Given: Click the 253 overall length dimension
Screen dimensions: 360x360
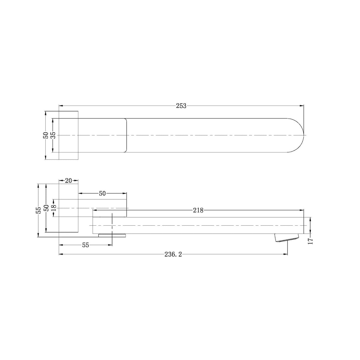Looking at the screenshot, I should pos(181,106).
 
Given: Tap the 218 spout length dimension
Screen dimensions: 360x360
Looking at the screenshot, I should pos(198,211).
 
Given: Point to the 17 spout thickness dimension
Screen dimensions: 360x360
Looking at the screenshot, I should pos(310,240).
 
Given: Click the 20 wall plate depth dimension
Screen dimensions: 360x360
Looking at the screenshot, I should pos(69,181).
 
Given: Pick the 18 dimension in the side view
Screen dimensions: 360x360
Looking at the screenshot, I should pos(53,208).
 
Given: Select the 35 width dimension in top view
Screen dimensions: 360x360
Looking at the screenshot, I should pos(53,135).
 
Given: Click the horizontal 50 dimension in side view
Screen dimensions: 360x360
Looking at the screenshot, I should pos(102,193).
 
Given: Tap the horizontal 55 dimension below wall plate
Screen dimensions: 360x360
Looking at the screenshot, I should pos(85,245).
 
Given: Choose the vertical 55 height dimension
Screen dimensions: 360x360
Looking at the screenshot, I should pos(38,210).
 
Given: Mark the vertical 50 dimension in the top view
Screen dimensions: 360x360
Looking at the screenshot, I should pos(46,135).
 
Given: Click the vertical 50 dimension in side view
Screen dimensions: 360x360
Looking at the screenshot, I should pos(46,208).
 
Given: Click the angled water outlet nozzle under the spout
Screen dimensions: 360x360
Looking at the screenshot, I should pos(286,238).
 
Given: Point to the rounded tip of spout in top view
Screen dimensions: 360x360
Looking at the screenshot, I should pos(300,135).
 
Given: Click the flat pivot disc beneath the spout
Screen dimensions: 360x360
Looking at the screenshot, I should pos(112,236).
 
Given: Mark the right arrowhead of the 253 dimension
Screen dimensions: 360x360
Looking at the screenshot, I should pos(302,105).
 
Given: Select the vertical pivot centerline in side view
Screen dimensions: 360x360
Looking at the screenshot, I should pos(112,225).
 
